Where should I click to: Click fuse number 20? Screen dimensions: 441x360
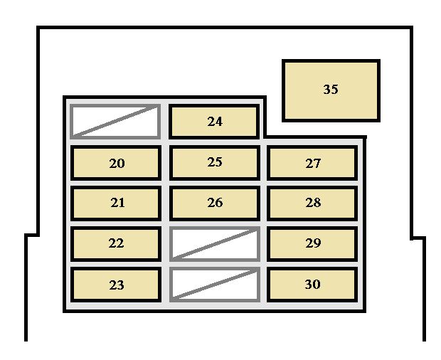116,163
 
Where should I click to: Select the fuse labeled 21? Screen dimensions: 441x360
116,203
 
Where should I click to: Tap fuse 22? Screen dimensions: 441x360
116,243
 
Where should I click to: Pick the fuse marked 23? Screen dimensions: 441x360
116,285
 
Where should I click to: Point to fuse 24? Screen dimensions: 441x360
214,122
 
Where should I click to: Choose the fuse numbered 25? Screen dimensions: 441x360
215,163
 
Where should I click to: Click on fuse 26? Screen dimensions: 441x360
215,203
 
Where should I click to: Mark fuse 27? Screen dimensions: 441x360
312,163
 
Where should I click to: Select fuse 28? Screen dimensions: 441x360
312,203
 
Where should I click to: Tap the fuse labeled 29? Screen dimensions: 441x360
312,243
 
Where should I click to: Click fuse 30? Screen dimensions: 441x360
312,285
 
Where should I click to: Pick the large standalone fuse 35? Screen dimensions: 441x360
331,90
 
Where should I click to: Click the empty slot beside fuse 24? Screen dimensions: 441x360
115,122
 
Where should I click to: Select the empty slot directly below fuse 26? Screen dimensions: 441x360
215,243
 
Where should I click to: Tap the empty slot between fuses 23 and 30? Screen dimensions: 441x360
215,285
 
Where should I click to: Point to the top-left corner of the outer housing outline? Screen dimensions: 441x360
38,28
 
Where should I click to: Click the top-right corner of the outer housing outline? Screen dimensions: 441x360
411,28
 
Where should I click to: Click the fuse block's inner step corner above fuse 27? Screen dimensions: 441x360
265,137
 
